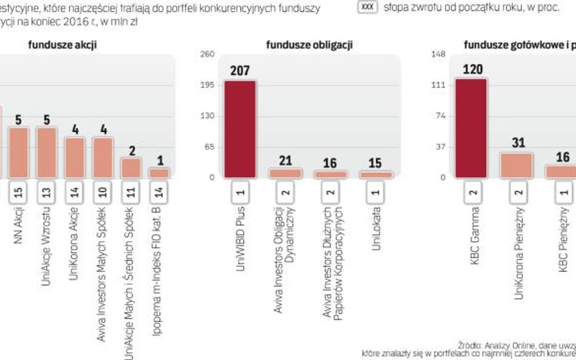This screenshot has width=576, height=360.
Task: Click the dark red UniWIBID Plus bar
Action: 240,129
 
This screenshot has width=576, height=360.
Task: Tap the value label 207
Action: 240,72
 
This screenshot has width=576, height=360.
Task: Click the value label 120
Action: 472,70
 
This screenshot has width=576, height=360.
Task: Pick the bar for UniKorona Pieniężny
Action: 516,165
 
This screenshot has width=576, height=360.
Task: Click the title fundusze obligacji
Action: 309,45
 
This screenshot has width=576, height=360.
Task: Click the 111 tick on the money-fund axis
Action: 439,85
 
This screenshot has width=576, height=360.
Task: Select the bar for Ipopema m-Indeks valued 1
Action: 160,172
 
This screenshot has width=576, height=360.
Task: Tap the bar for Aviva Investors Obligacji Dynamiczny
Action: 285,173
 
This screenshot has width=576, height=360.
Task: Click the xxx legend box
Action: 368,7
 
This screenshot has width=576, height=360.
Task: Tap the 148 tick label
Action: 439,55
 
